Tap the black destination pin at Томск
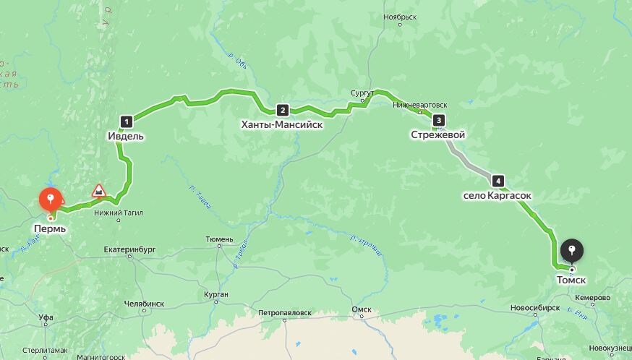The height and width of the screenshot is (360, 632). pos(572,252)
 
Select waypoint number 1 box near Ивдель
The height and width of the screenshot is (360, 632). pos(127,121)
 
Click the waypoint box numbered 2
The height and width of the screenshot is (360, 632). pos(282,111)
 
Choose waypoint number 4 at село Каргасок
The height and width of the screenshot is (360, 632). pos(498,181)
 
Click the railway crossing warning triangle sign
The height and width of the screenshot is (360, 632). pos(98,191)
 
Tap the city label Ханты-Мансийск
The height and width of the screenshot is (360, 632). pos(282,124)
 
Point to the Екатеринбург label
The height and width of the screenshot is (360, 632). pos(129,250)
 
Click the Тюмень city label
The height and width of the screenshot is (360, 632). pos(219,239)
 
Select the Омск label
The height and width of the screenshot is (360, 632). pos(361,310)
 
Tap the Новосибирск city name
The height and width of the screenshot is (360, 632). pos(536,307)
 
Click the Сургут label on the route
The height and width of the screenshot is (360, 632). pos(362,94)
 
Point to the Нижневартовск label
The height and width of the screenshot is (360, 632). pos(419,105)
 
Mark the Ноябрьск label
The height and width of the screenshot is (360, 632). pos(401,16)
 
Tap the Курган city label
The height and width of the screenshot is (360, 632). pos(215,294)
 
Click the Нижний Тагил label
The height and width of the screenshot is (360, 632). pos(118,213)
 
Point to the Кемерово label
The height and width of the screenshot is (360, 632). pos(593,298)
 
